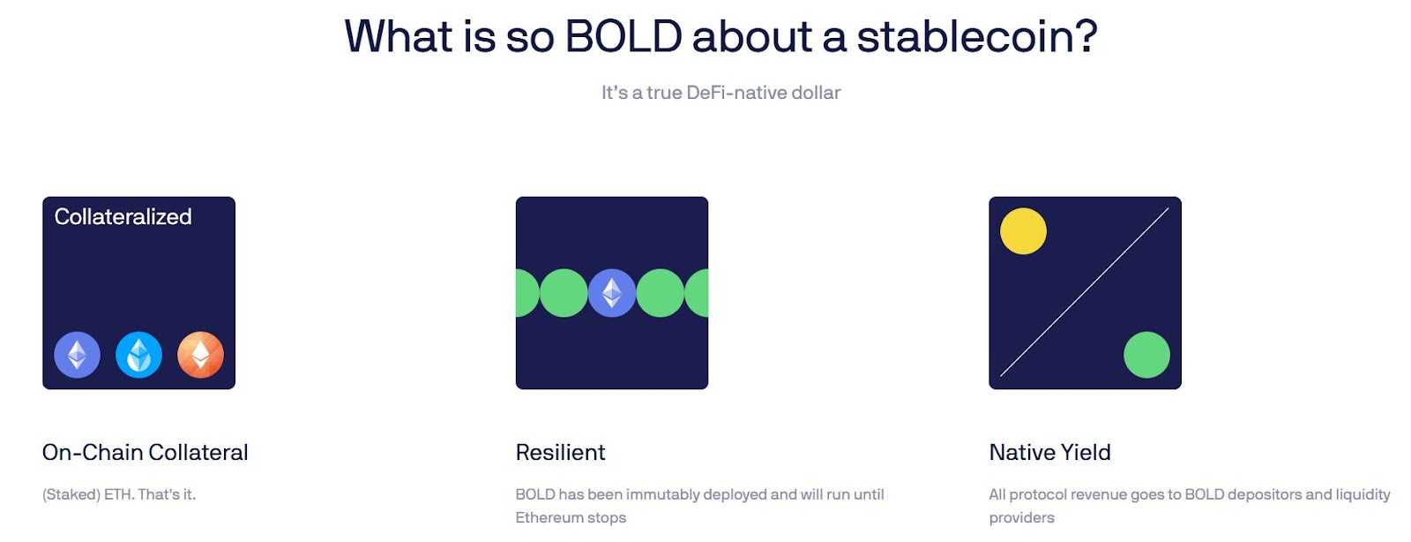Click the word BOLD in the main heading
[623, 36]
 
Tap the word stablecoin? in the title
[977, 36]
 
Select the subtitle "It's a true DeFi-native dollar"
[720, 93]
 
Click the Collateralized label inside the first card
[123, 217]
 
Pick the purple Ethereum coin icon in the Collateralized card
[77, 355]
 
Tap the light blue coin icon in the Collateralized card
[138, 355]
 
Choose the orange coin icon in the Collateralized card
[200, 355]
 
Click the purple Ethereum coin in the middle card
[612, 293]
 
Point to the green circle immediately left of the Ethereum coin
[564, 293]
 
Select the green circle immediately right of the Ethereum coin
[661, 293]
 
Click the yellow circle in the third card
[1023, 231]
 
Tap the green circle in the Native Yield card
[1146, 355]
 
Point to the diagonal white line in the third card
[1085, 292]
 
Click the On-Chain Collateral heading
[145, 453]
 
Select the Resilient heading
[560, 453]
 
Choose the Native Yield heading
[1049, 453]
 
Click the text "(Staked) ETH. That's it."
[119, 494]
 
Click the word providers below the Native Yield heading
[1021, 518]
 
